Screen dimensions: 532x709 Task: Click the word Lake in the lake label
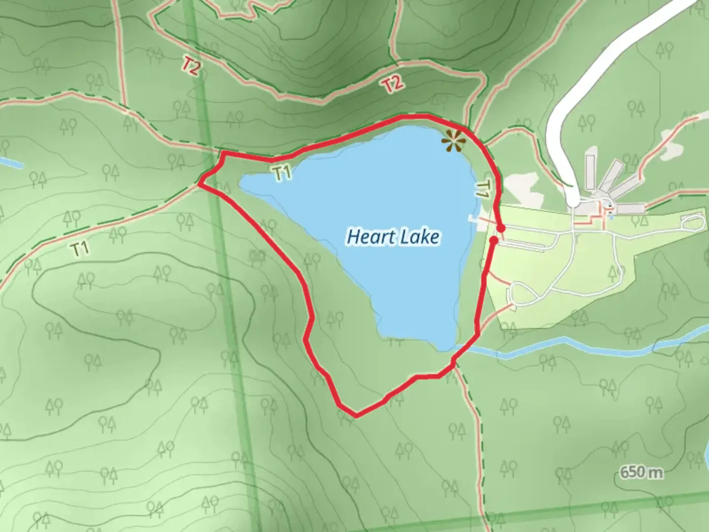click(419, 237)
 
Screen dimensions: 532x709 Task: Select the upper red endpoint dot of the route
click(501, 229)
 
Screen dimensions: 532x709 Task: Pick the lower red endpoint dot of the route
click(493, 240)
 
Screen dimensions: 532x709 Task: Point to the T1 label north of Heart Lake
click(282, 173)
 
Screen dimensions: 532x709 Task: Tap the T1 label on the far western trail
click(81, 249)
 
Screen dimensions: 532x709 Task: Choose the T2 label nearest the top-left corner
click(191, 66)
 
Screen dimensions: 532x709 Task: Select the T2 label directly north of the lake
click(392, 85)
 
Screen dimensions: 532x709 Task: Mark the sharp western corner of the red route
click(199, 184)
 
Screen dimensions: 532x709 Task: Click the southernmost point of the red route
click(355, 416)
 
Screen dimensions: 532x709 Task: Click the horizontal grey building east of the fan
click(630, 208)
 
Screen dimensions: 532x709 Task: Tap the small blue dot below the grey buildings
click(611, 216)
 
